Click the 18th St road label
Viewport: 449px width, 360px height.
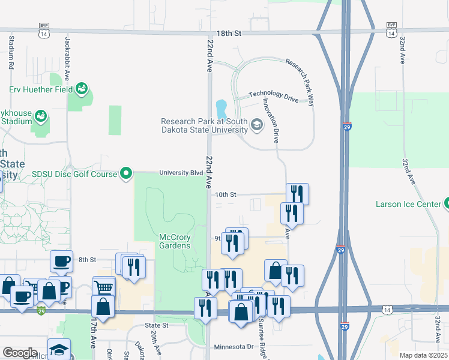[229, 34]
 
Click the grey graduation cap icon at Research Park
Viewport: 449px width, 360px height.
[257, 125]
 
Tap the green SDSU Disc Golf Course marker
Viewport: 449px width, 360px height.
[125, 174]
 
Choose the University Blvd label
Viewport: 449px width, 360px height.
[181, 173]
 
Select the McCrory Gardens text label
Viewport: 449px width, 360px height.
[175, 241]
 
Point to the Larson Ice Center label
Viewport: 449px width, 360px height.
[408, 204]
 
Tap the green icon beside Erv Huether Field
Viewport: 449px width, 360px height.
[82, 90]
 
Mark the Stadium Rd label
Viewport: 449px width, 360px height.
[11, 53]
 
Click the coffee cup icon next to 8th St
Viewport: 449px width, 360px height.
[61, 260]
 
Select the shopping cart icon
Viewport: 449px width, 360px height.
[103, 286]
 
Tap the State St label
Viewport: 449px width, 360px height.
[157, 325]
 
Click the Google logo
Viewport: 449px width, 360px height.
[20, 353]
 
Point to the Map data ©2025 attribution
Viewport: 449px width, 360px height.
[423, 355]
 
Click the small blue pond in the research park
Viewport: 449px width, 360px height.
[221, 109]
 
